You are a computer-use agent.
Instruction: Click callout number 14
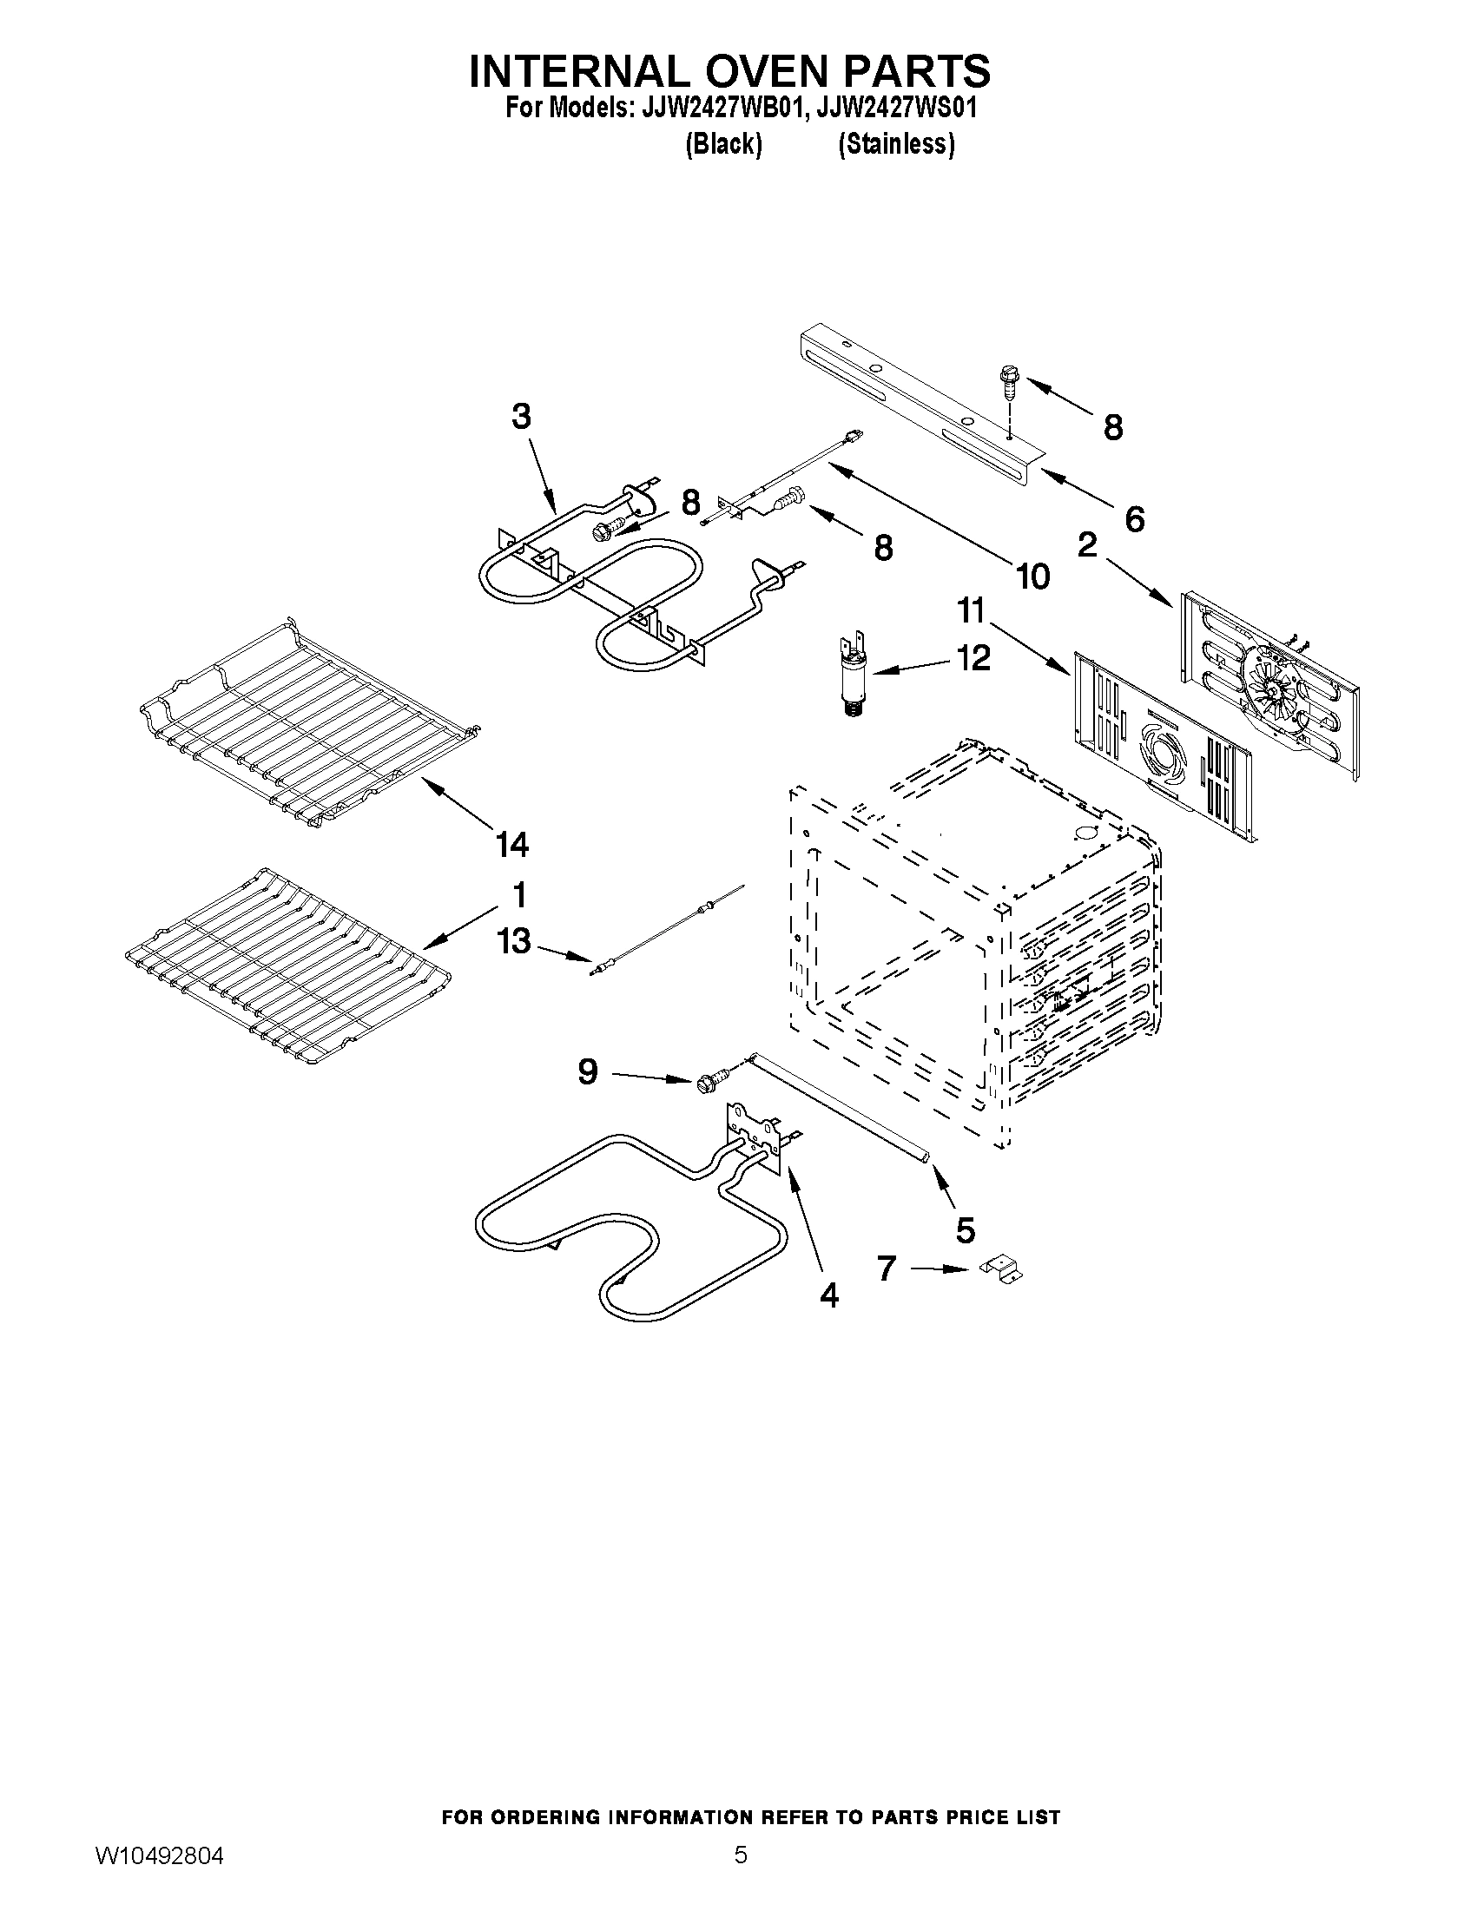[512, 845]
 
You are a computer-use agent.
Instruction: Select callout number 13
[514, 941]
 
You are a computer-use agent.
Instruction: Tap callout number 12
[973, 657]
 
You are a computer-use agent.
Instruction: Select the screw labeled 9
[711, 1081]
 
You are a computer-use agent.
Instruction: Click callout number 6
[1133, 520]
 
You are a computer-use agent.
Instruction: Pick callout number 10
[1032, 576]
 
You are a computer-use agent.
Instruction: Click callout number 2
[1086, 546]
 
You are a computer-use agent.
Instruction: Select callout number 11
[972, 610]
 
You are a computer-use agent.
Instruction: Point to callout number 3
[521, 417]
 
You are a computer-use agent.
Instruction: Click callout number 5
[964, 1229]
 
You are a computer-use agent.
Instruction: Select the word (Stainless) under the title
[895, 143]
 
